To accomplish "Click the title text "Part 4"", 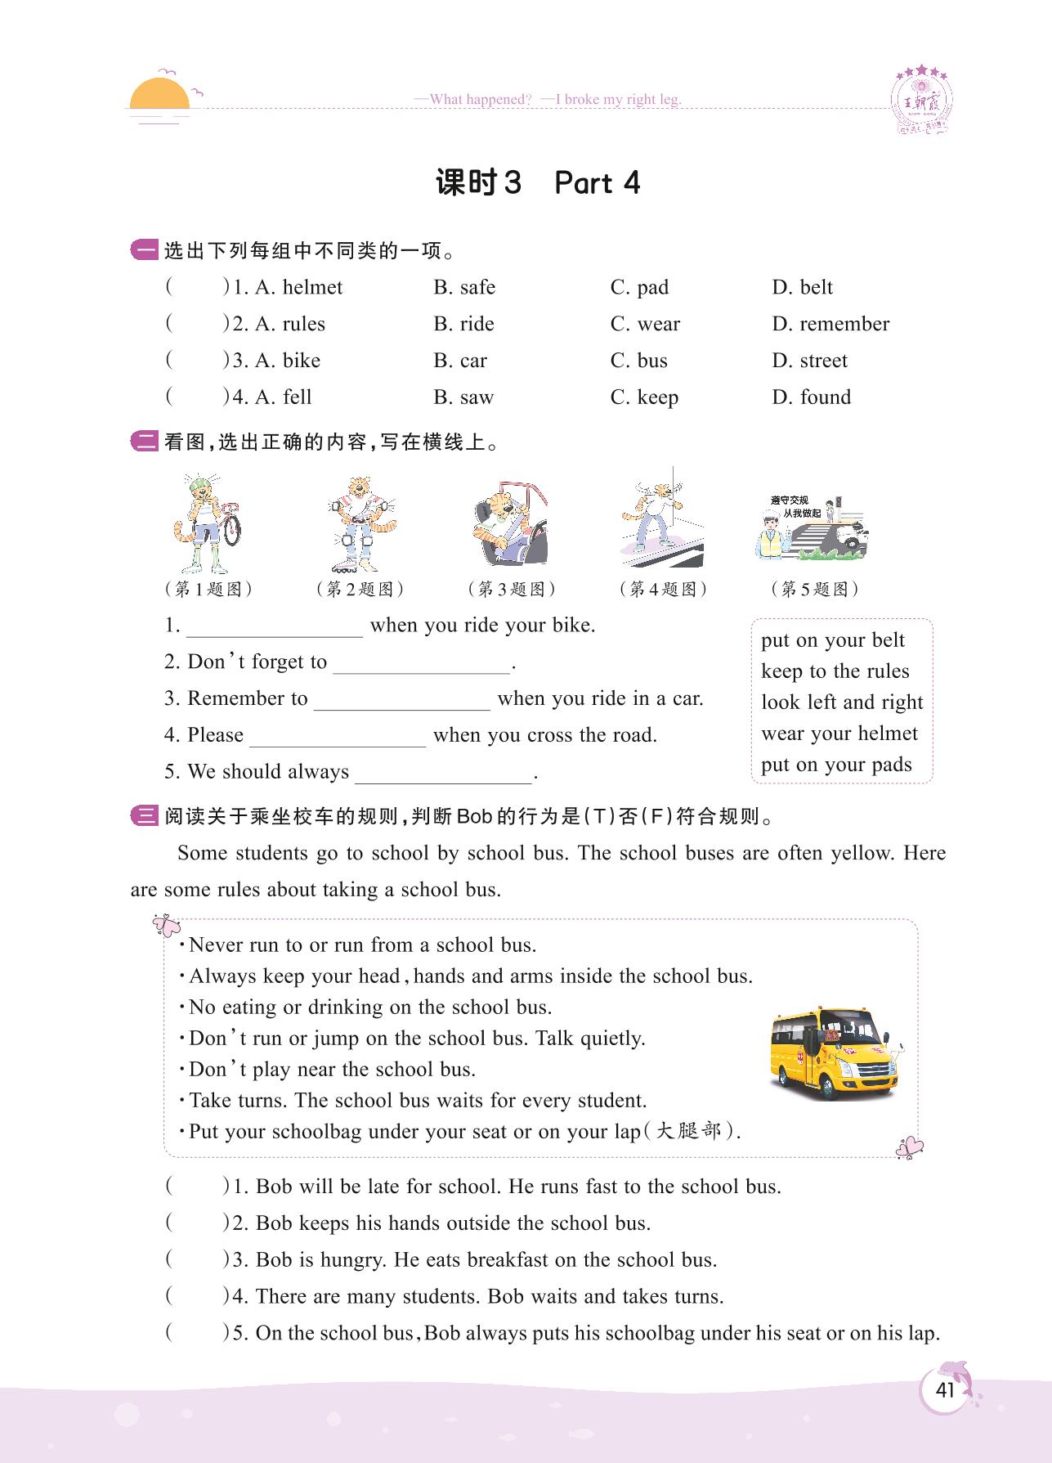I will point(597,183).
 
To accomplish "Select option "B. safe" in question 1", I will point(464,287).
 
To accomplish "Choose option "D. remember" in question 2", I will point(830,324).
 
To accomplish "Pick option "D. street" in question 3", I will point(809,361).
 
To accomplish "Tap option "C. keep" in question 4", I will point(644,397).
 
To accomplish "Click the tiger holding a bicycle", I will point(207,523).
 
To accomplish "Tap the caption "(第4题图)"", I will point(663,589).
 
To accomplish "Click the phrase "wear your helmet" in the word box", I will point(839,734).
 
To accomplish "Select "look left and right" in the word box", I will point(842,702).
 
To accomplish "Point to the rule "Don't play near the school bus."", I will point(332,1070).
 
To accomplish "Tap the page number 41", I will point(945,1390).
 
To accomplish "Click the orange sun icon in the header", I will point(160,94).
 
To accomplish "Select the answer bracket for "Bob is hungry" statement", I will point(196,1259).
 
